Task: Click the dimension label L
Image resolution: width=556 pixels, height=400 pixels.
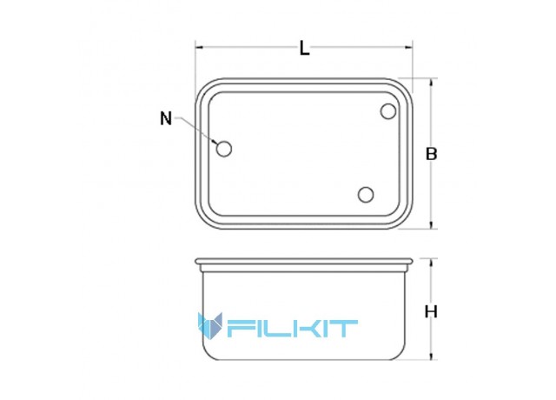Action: click(x=305, y=49)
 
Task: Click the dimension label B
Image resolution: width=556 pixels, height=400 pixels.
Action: click(x=431, y=154)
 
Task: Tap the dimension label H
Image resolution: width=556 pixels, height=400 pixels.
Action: click(x=431, y=312)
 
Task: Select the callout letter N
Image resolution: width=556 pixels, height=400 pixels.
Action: click(x=166, y=118)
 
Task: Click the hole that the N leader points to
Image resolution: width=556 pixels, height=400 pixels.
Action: click(x=224, y=149)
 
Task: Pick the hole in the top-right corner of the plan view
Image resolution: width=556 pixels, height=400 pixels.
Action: click(x=388, y=111)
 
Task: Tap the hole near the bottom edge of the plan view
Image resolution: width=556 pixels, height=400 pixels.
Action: click(x=366, y=195)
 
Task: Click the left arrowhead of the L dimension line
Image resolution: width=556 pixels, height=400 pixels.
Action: click(x=199, y=47)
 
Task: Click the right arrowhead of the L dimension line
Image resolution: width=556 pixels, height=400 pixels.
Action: click(x=409, y=47)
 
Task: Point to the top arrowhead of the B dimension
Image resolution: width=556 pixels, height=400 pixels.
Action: click(x=431, y=83)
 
